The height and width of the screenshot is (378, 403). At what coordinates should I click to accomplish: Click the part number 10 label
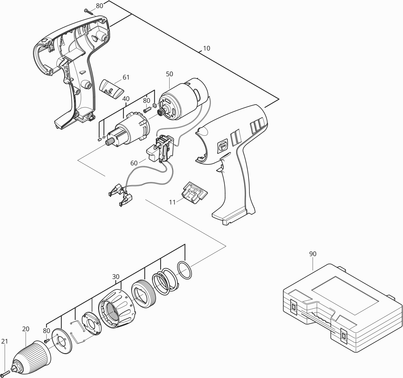207,49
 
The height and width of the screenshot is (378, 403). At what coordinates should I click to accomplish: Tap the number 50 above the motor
170,74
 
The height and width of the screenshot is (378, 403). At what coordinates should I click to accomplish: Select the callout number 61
126,77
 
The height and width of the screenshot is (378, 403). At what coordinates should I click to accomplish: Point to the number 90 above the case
313,254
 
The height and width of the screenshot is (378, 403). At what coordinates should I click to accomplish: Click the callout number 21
4,341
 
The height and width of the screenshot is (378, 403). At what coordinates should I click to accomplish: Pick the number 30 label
116,277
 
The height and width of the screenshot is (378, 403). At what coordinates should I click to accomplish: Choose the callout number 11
172,202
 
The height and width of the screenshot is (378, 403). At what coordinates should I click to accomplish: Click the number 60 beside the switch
134,163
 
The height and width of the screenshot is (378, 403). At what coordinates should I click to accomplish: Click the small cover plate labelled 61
112,89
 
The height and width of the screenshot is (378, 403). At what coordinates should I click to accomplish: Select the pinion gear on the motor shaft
160,112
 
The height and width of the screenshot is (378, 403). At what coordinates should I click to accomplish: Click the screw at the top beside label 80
89,12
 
